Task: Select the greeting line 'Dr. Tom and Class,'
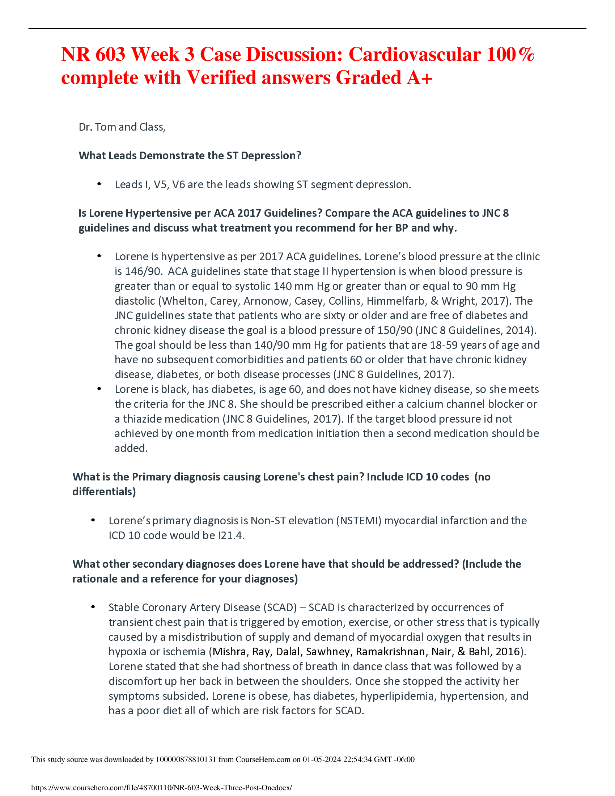pos(122,127)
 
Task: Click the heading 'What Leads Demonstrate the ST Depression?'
pos(190,156)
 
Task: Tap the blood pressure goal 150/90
pos(396,330)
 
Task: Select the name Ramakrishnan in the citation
pos(391,652)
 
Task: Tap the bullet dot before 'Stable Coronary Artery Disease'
pos(93,607)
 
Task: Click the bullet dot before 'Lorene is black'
pos(99,389)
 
